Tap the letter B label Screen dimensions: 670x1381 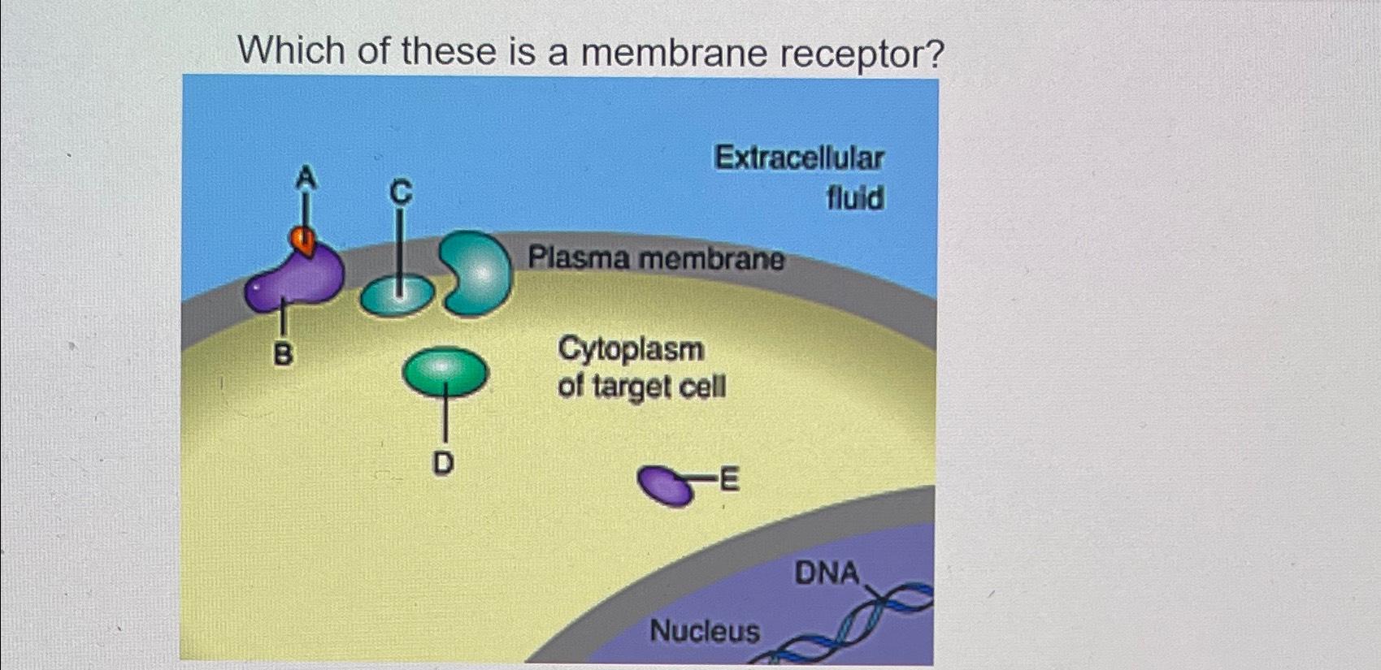tap(283, 354)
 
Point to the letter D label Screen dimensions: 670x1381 tap(443, 463)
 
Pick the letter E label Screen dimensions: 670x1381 tap(729, 480)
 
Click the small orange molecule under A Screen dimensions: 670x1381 tap(302, 240)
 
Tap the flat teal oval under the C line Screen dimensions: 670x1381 tap(397, 296)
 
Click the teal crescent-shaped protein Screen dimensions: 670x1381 tap(480, 273)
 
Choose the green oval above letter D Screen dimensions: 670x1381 tap(445, 371)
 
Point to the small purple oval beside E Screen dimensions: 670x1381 tap(666, 486)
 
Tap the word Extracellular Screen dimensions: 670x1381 tap(799, 158)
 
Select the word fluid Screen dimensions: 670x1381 tap(855, 197)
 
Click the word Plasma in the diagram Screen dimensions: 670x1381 tap(579, 258)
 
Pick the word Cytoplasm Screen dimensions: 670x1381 tap(631, 349)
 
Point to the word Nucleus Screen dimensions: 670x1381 tap(705, 630)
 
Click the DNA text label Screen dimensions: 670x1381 tap(827, 573)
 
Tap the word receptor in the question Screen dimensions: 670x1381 tap(862, 54)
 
